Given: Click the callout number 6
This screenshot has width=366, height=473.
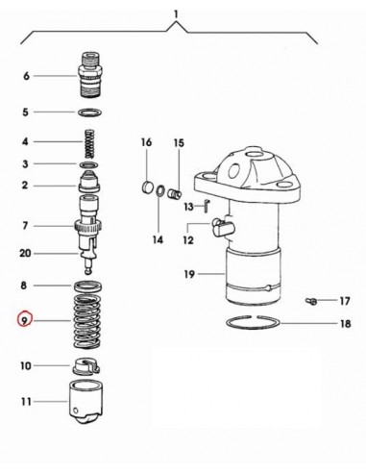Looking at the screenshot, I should pos(26,75).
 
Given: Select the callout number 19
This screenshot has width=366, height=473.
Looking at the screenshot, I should pos(189,275).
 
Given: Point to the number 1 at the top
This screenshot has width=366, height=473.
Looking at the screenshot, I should pos(176,12).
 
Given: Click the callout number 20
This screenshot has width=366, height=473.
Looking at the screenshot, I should pos(26,255).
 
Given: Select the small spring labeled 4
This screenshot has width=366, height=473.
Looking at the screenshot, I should pos(89,141).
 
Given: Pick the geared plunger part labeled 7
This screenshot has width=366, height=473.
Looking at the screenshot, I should pos(89,229).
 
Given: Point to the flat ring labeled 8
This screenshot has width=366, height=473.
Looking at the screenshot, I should pos(89,286).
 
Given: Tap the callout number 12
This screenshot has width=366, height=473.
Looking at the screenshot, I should pos(189,240).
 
